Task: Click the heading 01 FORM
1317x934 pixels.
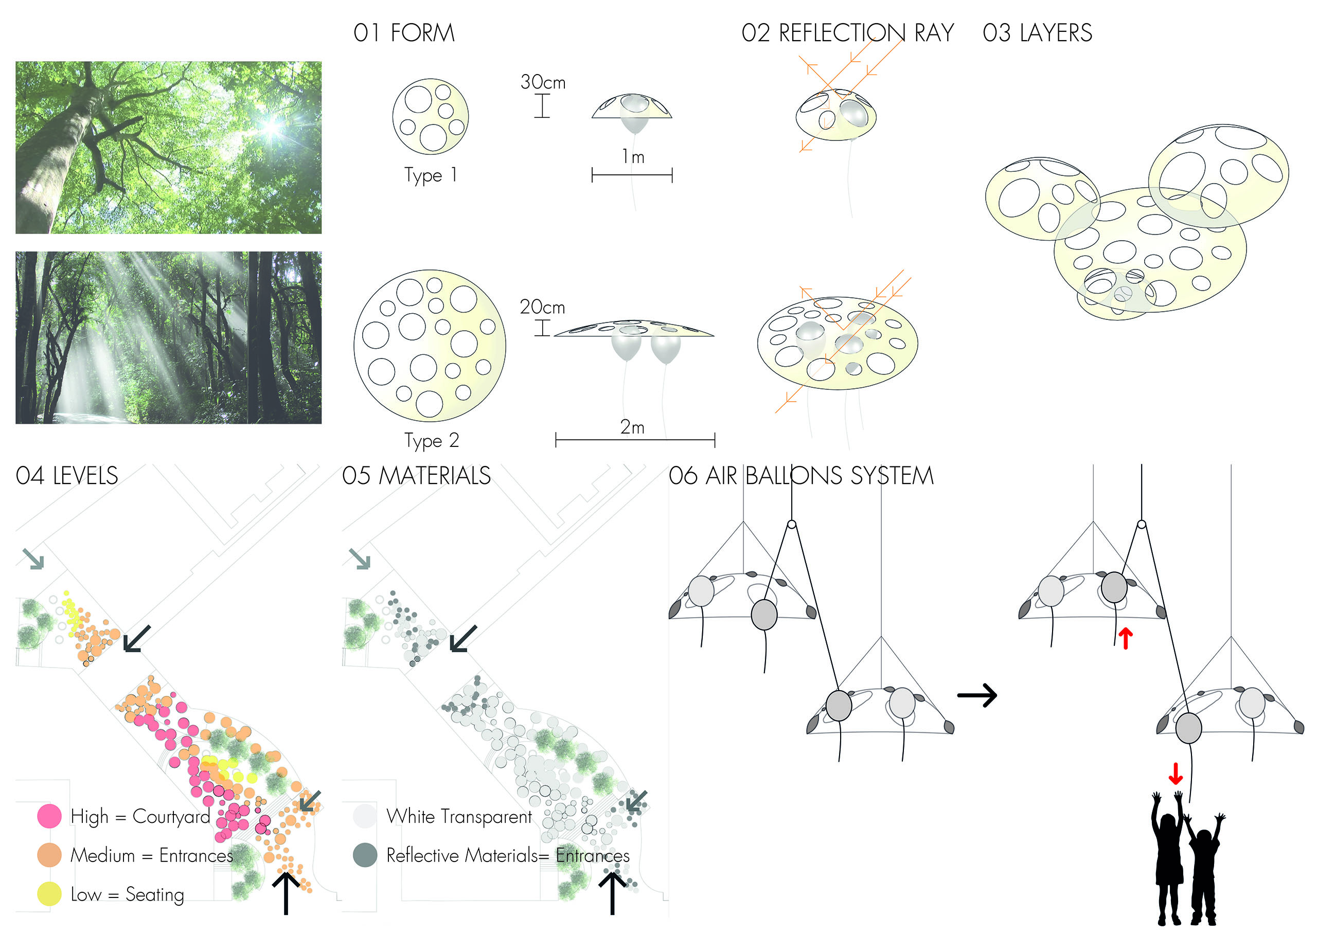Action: pos(404,33)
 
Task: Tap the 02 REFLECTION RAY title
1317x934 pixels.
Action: pos(847,33)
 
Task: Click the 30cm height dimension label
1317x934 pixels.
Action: pos(542,82)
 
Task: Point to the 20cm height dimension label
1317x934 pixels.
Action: pos(542,307)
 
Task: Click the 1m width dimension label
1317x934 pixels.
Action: pos(633,156)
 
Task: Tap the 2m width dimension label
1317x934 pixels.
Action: pos(632,427)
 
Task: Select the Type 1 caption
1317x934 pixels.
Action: pos(431,175)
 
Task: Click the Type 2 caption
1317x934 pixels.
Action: pos(431,441)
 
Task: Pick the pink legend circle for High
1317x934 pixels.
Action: pos(49,816)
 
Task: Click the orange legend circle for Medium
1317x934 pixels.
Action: pos(49,855)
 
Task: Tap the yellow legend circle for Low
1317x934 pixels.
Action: pos(49,894)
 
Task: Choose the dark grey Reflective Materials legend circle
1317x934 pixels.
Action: pos(365,855)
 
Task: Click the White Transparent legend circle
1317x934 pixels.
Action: pos(365,816)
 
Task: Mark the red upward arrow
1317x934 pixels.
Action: pos(1126,638)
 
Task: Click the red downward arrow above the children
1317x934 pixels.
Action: pos(1176,774)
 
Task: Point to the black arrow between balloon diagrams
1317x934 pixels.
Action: pos(976,695)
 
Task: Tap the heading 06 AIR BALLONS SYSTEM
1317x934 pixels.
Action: pos(800,476)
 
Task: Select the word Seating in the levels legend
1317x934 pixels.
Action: pos(155,895)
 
